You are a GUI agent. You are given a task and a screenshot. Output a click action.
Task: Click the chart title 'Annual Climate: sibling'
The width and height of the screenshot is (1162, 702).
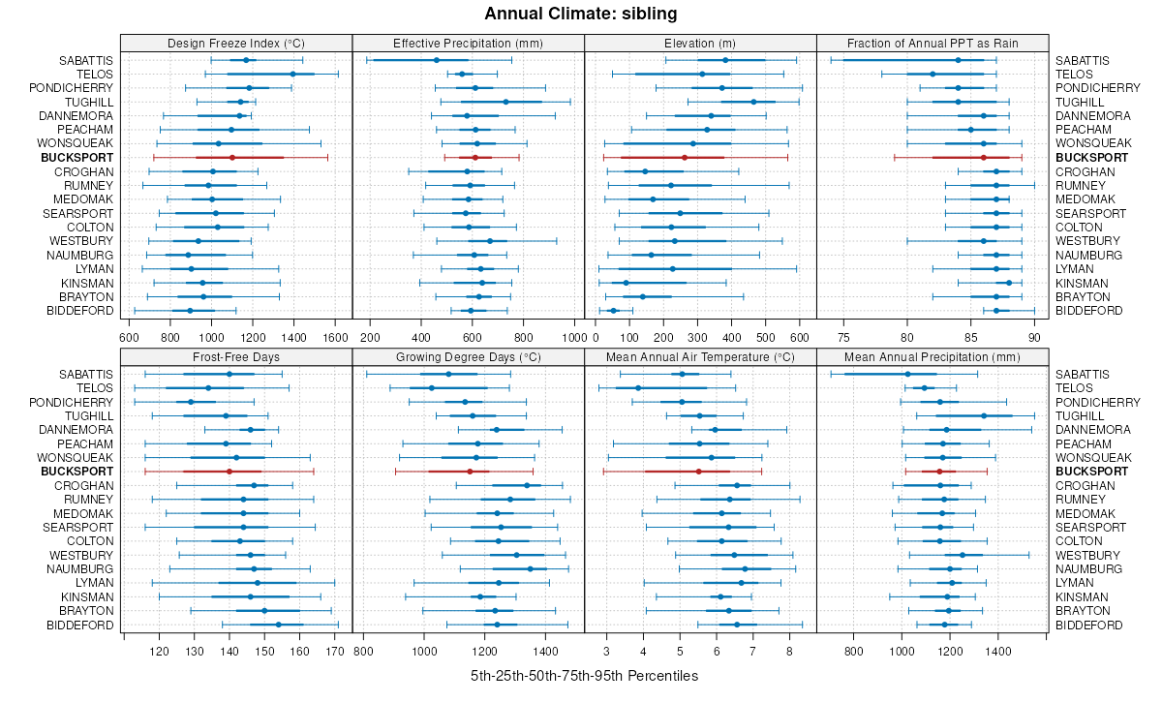(580, 14)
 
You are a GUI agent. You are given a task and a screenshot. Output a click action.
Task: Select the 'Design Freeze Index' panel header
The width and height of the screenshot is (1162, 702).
(236, 43)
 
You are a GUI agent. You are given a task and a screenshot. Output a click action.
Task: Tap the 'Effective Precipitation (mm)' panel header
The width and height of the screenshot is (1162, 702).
(469, 43)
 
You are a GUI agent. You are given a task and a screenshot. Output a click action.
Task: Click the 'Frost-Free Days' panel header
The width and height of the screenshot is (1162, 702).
(236, 357)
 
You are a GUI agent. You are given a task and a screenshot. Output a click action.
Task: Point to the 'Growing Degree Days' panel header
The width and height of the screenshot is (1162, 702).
(469, 357)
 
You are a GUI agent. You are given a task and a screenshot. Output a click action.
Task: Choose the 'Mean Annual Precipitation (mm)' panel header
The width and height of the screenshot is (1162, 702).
(933, 357)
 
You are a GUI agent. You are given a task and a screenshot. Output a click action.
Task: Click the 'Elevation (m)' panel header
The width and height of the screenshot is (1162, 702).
(701, 43)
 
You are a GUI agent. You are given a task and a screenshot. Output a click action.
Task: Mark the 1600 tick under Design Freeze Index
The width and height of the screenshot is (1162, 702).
(335, 337)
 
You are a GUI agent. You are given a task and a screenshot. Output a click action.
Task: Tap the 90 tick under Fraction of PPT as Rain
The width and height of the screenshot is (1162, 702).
(1034, 337)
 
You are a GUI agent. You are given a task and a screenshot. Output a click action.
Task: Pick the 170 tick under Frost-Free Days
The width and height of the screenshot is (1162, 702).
(335, 652)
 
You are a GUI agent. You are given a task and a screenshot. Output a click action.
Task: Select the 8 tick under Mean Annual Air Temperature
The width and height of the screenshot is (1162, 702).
(790, 652)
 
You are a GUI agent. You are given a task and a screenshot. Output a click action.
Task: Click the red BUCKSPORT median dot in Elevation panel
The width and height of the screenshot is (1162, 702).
(685, 157)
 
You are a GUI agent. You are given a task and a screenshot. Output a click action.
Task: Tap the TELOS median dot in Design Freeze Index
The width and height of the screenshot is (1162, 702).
(292, 74)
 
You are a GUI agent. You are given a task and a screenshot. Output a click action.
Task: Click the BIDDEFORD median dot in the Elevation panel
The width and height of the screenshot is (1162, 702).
(613, 310)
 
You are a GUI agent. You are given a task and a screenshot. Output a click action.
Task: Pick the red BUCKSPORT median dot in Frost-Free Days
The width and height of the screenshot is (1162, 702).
(229, 472)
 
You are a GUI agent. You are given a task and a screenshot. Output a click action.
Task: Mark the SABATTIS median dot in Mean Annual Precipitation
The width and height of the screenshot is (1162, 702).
(907, 374)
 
